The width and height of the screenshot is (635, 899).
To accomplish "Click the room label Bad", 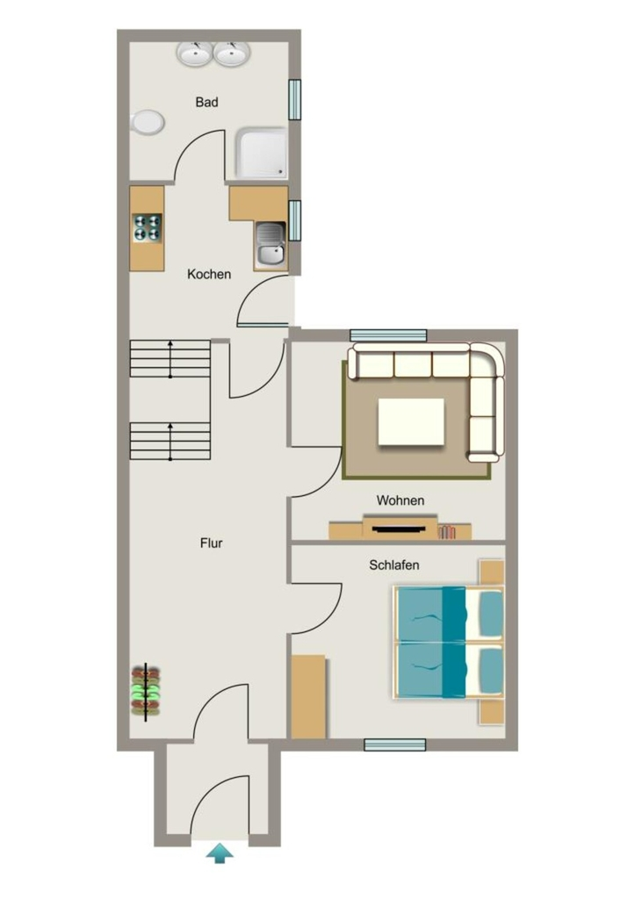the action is click(x=206, y=102).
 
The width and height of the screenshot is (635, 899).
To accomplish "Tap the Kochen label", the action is click(x=209, y=274).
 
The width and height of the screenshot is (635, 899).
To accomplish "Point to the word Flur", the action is click(x=211, y=543).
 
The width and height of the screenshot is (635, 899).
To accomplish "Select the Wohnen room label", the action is click(x=400, y=500).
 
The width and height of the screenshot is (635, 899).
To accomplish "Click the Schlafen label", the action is click(x=394, y=565).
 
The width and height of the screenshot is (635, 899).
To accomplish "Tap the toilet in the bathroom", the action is click(x=148, y=122).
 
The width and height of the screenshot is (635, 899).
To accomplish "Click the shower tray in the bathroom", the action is click(x=261, y=154).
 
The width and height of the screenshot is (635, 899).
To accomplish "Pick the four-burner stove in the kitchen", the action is click(x=148, y=227).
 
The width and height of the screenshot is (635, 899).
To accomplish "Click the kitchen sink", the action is click(x=271, y=244).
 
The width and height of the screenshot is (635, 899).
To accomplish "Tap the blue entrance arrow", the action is click(x=219, y=853).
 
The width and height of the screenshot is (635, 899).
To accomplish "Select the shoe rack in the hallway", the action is click(x=146, y=691).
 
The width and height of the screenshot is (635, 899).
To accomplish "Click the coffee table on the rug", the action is click(x=411, y=422).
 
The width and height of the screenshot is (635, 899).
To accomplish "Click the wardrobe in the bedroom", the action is click(x=308, y=696).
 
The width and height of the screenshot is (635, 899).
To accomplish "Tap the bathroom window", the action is click(x=294, y=100).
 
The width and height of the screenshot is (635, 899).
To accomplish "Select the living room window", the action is click(x=388, y=335).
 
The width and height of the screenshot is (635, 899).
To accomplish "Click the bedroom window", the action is click(x=395, y=744).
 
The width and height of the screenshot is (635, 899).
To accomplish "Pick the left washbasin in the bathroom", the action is click(x=194, y=54).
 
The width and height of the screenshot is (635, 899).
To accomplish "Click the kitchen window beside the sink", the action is click(x=294, y=220).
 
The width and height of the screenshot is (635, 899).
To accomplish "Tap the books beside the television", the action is click(x=447, y=532).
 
